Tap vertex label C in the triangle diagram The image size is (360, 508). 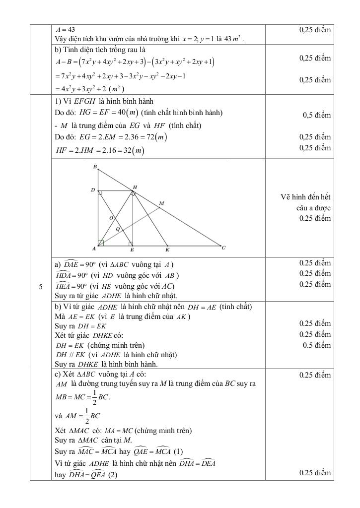(224, 248)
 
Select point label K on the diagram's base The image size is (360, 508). (167, 250)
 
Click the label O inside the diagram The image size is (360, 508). (111, 218)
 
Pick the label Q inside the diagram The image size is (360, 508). (117, 229)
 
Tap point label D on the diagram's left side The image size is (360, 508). (92, 190)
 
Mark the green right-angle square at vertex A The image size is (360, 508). (101, 243)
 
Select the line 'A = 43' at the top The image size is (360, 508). (66, 30)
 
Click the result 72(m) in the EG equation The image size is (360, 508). (155, 137)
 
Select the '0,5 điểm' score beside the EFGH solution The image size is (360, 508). (317, 115)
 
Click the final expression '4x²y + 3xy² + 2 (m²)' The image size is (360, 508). (90, 89)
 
